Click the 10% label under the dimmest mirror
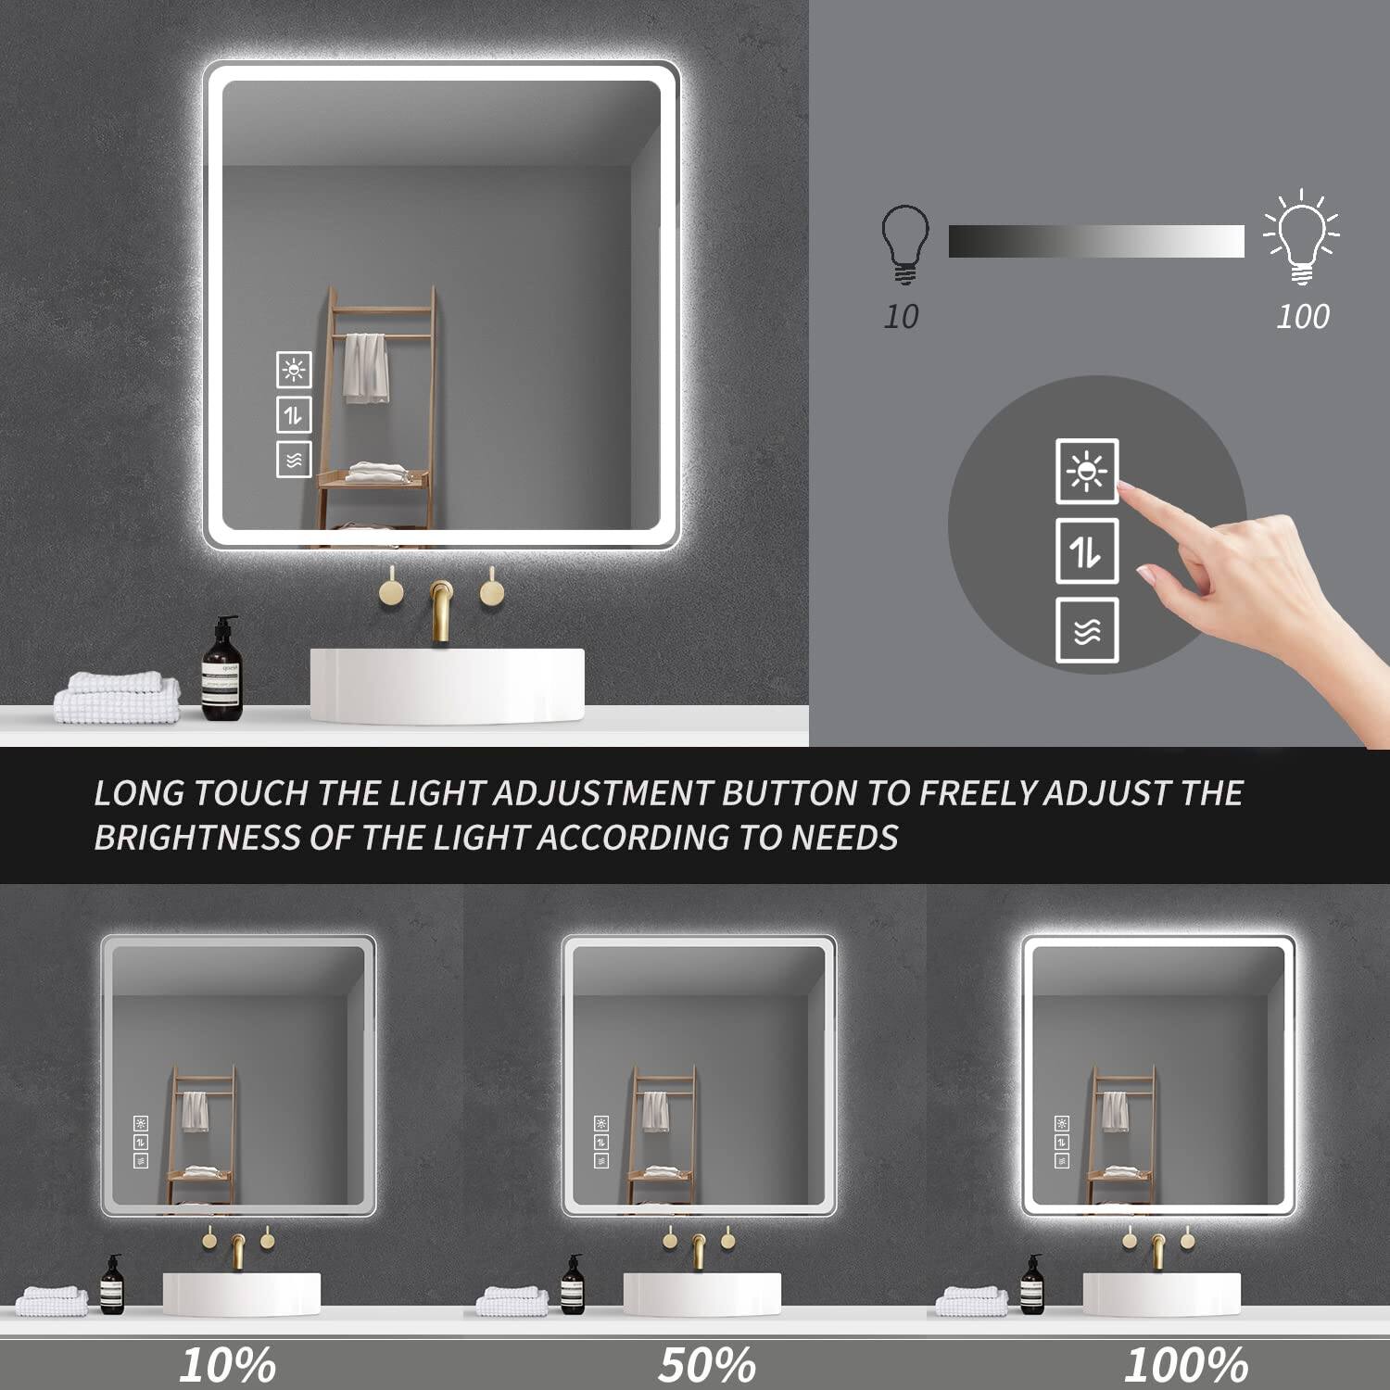[x=227, y=1364]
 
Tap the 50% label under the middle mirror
[x=707, y=1364]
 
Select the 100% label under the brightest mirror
[x=1186, y=1364]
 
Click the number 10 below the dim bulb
[x=901, y=317]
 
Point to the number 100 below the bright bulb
[x=1302, y=317]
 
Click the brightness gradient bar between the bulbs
[x=1096, y=241]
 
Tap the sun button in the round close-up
[x=1087, y=472]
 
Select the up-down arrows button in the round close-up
[x=1087, y=551]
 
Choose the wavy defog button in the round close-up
[x=1087, y=630]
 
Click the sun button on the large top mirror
[x=294, y=370]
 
